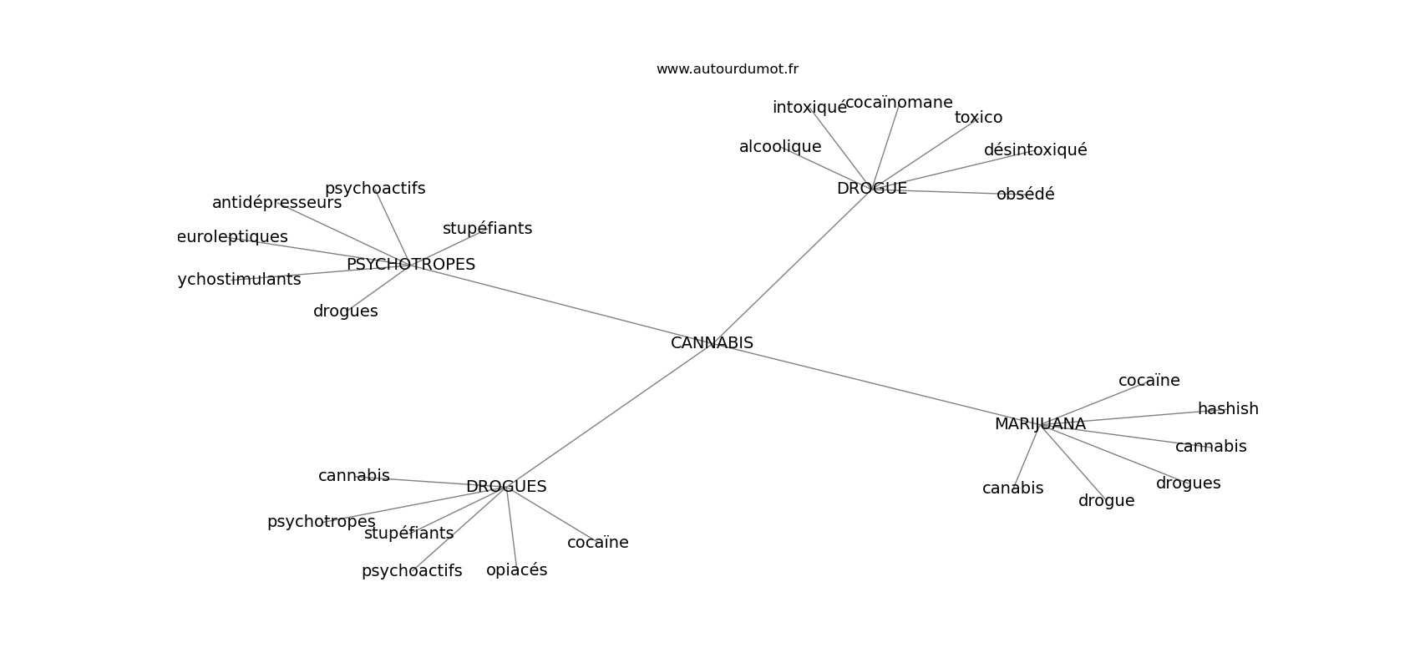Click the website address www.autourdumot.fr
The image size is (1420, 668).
pos(727,69)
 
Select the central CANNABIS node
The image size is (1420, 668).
pos(712,343)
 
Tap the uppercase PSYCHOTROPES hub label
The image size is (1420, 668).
pos(410,265)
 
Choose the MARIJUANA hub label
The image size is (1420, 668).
pos(1040,424)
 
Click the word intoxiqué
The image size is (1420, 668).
pos(809,108)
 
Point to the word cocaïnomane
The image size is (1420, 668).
pos(899,103)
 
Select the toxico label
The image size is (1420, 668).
pos(978,118)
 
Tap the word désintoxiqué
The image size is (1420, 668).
pos(1035,150)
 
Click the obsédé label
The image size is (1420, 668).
pos(1025,195)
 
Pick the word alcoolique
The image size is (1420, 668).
pos(780,147)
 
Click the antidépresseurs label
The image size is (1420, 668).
pos(276,203)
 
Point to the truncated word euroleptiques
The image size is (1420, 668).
pos(232,237)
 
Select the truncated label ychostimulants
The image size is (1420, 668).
pos(239,280)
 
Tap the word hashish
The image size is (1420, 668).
pos(1228,409)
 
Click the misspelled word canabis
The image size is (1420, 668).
pos(1012,488)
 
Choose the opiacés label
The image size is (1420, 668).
pos(516,570)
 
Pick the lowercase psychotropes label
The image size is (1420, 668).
pos(321,522)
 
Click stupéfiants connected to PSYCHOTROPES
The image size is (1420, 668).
pos(487,229)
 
